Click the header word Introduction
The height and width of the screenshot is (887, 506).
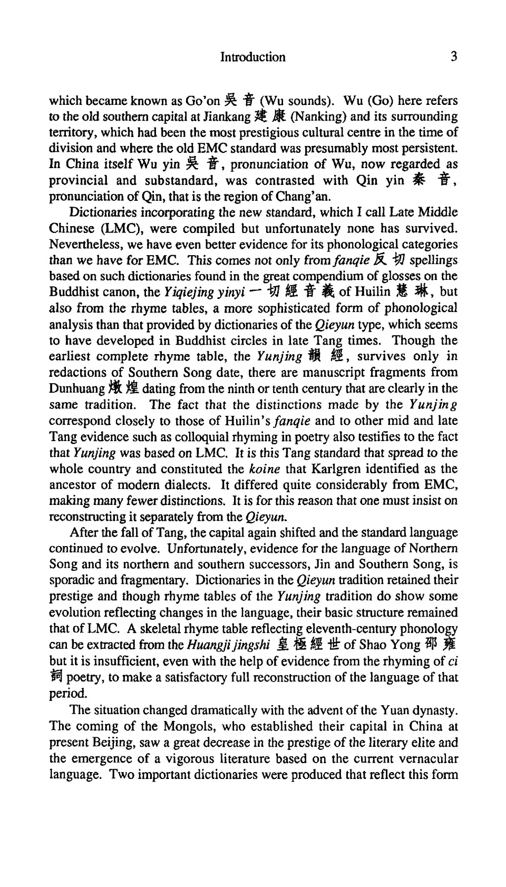click(x=252, y=57)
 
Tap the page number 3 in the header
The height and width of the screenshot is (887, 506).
click(x=454, y=56)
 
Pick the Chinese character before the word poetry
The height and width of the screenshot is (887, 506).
click(x=55, y=676)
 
